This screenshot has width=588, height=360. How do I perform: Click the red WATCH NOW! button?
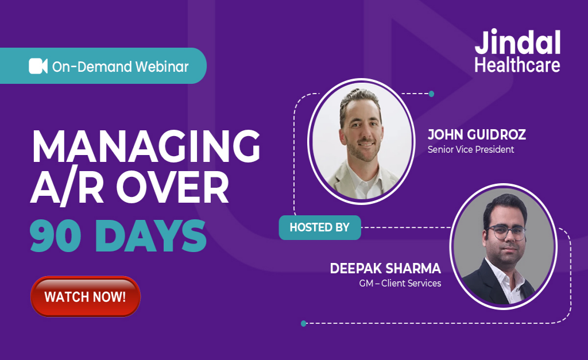[x=85, y=297]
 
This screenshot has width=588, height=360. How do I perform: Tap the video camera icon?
[x=38, y=66]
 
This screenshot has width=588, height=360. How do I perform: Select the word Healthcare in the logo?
[x=517, y=65]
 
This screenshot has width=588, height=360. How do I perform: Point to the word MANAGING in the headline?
[x=146, y=146]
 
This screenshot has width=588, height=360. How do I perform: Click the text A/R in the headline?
[x=68, y=189]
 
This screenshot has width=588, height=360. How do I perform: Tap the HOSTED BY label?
[x=319, y=227]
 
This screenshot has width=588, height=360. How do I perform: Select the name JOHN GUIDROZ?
[x=477, y=135]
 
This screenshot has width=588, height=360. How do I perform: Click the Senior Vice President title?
[x=471, y=150]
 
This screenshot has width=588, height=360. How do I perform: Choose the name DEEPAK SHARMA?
[x=385, y=269]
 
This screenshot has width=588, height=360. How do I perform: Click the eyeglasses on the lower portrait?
[x=506, y=232]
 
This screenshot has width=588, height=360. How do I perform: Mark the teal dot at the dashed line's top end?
[x=431, y=94]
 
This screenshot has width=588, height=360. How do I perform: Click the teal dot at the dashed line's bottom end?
[x=304, y=323]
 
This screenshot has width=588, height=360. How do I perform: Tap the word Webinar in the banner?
[x=162, y=67]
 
